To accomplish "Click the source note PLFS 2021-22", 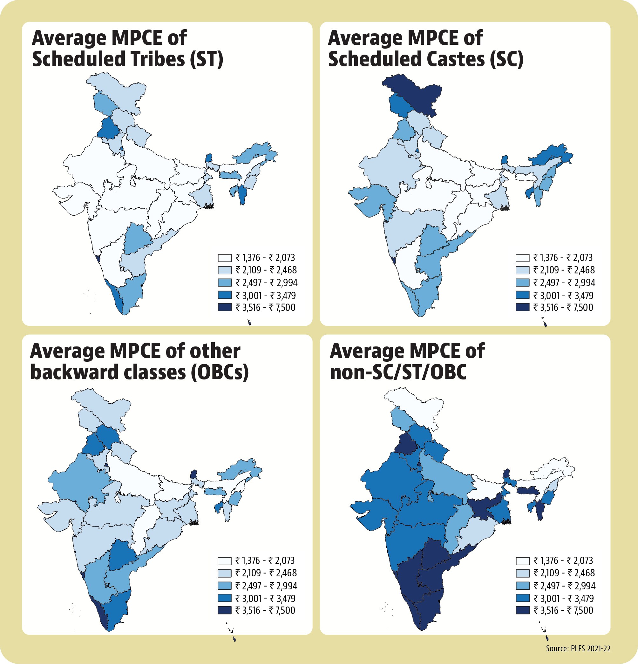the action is (x=578, y=648).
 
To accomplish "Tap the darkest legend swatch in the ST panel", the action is (x=224, y=307).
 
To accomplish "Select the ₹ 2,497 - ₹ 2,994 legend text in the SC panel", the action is (x=564, y=283).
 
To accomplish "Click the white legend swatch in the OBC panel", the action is (x=224, y=561).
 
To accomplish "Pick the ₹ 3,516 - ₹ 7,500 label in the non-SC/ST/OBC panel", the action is (x=563, y=610).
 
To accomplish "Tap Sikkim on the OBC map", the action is (x=193, y=473).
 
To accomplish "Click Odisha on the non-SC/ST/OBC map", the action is (x=475, y=528).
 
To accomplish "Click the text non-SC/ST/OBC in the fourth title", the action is (x=398, y=372).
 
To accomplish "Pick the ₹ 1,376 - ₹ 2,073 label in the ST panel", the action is (x=265, y=258).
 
